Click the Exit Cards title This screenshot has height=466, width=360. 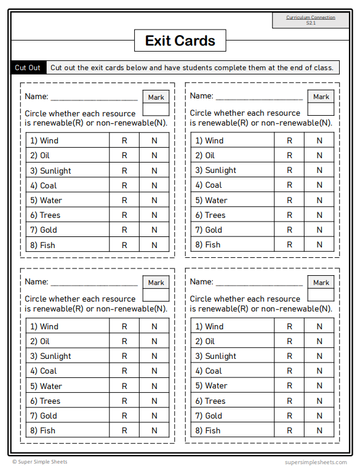[180, 41]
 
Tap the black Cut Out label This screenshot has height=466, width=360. [28, 68]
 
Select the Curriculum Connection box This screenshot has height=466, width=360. [310, 20]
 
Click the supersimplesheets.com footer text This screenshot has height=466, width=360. [316, 462]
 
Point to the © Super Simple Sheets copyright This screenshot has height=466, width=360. [40, 462]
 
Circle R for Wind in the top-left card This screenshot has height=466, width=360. [124, 140]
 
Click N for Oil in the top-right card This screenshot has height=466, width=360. [319, 155]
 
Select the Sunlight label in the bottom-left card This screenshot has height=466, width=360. [55, 356]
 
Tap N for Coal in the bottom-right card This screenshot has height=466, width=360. [319, 371]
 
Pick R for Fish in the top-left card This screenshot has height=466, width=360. [124, 245]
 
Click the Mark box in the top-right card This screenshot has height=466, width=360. [321, 103]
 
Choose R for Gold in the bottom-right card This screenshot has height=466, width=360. [290, 416]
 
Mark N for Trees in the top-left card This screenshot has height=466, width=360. [154, 215]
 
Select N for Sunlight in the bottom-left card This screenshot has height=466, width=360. [154, 356]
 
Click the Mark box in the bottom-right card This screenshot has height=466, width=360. [321, 289]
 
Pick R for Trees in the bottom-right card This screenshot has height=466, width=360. [290, 401]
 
